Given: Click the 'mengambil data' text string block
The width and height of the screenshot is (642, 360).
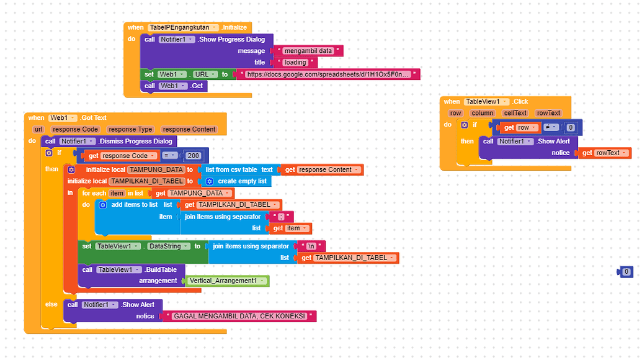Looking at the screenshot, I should click(308, 51).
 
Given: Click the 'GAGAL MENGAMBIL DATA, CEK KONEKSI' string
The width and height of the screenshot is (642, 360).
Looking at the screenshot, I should click(239, 316).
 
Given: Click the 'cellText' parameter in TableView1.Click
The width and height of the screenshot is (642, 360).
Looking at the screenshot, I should click(515, 113).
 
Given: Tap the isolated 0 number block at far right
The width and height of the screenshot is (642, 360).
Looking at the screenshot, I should click(626, 272).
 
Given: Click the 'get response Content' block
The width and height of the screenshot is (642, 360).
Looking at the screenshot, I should click(321, 169).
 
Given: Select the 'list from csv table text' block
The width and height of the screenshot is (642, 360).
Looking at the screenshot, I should click(239, 169).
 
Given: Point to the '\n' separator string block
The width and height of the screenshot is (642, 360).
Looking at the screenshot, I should click(311, 246).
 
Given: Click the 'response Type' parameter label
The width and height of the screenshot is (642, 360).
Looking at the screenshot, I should click(130, 129).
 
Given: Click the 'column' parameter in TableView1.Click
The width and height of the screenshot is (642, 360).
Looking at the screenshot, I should click(482, 113).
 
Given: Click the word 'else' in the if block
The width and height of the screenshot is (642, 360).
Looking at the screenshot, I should click(51, 304).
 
